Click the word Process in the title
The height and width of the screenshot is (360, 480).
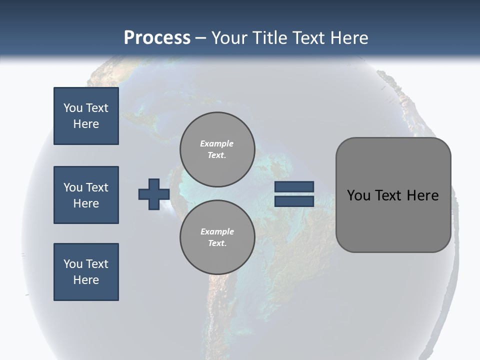(157, 38)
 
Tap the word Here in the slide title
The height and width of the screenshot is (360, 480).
(349, 38)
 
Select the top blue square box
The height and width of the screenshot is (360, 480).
(86, 116)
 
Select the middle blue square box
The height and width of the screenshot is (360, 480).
(86, 195)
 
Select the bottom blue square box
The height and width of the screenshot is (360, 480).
(86, 272)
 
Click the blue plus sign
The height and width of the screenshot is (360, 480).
(154, 194)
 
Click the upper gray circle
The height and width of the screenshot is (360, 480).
(217, 149)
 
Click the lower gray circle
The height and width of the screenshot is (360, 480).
(217, 237)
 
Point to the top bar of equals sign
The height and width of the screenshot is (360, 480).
(294, 186)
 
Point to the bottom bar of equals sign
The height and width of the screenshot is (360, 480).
(294, 201)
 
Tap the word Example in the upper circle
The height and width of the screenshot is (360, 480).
(217, 143)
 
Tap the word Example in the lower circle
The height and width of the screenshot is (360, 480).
(217, 231)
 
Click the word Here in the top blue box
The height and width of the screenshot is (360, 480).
(86, 124)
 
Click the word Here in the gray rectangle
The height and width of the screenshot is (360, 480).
(423, 195)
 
